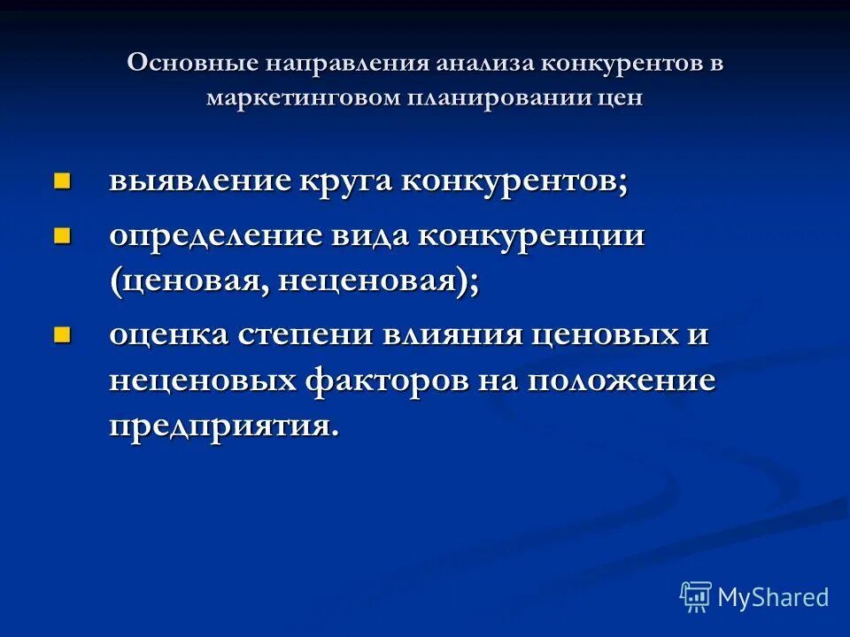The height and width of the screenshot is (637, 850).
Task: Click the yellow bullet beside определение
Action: point(61,235)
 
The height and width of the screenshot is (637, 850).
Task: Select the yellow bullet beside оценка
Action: point(61,334)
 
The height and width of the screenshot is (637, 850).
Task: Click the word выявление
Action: point(199,180)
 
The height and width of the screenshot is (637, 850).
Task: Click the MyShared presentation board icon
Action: point(695,596)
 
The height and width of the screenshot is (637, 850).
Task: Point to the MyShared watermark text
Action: point(772,597)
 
